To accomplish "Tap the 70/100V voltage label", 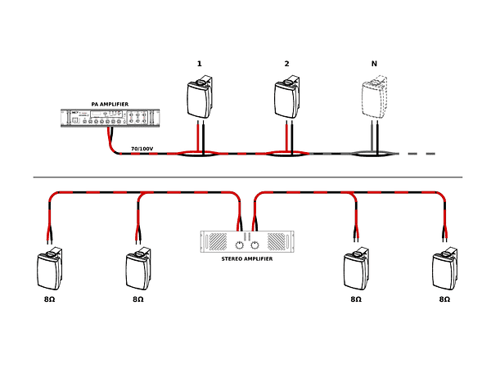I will tap(142, 149).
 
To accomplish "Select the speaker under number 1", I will tap(200, 97).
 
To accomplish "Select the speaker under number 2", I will tap(287, 97).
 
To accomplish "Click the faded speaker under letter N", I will tap(375, 97).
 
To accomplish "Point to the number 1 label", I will tap(199, 63).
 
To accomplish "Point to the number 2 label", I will tap(286, 63).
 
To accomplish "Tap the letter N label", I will tap(374, 63).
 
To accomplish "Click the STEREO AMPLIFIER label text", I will tap(246, 258).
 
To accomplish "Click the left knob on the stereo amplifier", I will tap(239, 245).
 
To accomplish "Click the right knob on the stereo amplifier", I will tap(255, 245).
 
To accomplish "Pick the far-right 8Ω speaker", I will tap(444, 270).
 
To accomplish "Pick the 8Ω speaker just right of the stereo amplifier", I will tap(356, 270).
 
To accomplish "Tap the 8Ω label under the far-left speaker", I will tap(49, 300).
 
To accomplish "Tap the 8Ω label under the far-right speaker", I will tap(444, 300).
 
